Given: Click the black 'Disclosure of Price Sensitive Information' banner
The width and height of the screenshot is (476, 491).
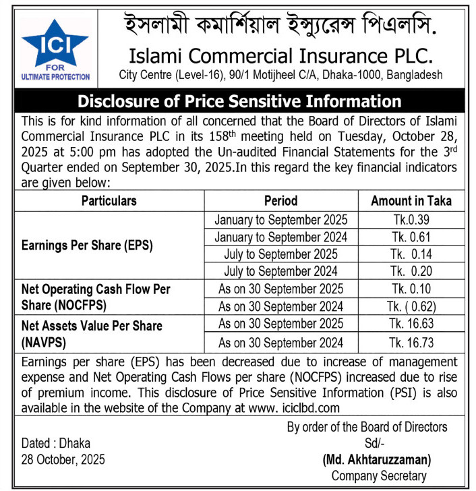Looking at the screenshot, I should (239, 102).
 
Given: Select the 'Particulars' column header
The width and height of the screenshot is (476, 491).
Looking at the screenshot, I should (109, 200).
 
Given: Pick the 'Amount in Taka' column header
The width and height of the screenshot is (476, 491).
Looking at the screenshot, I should (411, 200).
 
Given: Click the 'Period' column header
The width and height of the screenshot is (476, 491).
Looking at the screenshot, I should (280, 200).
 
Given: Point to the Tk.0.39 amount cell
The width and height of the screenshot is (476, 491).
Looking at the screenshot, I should (411, 219).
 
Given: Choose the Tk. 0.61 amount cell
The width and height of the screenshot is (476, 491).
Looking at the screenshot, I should (411, 237).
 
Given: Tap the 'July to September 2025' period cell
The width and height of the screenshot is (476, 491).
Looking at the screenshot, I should (280, 254).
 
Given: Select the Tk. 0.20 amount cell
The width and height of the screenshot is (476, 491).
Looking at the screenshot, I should (411, 271).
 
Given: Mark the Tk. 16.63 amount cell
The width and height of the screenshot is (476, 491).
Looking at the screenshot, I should (411, 324).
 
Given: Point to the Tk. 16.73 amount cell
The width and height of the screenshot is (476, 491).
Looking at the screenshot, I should (411, 342).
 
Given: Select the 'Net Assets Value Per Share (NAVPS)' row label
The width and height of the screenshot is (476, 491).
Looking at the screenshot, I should (92, 333).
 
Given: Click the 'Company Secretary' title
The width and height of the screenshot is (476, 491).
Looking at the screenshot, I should (378, 475).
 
